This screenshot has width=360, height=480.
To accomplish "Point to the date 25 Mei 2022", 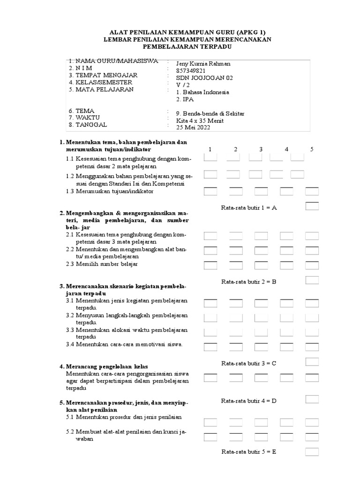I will [193, 127].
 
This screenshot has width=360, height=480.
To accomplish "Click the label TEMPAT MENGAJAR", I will [103, 75].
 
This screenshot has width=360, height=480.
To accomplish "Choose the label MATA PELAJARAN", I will [101, 89].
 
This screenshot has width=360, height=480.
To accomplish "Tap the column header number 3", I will [261, 150].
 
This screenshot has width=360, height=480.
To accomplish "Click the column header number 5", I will [312, 150].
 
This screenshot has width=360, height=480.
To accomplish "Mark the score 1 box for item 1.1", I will [210, 158].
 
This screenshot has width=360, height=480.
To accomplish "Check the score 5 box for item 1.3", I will [312, 191].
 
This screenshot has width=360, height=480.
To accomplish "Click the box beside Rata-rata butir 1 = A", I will [312, 206].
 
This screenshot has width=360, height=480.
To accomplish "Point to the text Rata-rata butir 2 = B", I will [248, 282].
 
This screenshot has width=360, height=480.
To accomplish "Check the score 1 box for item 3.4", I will [210, 346].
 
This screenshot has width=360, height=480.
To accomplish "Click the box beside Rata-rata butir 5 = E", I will [312, 452].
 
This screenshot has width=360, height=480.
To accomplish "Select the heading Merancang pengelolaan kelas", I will [103, 366].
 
